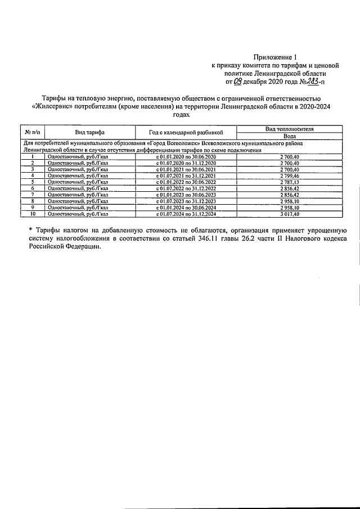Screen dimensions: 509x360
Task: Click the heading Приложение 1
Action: tap(274, 57)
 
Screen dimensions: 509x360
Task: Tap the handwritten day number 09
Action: tap(239, 81)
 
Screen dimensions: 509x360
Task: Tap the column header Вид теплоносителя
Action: tap(290, 129)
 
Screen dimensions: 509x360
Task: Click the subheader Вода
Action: tap(290, 136)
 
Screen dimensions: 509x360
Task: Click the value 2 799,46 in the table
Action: tap(290, 176)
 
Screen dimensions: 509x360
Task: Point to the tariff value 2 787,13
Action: tap(290, 182)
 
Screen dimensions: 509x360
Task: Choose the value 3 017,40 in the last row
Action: tap(290, 214)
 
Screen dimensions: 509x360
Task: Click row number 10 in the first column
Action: tap(33, 214)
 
